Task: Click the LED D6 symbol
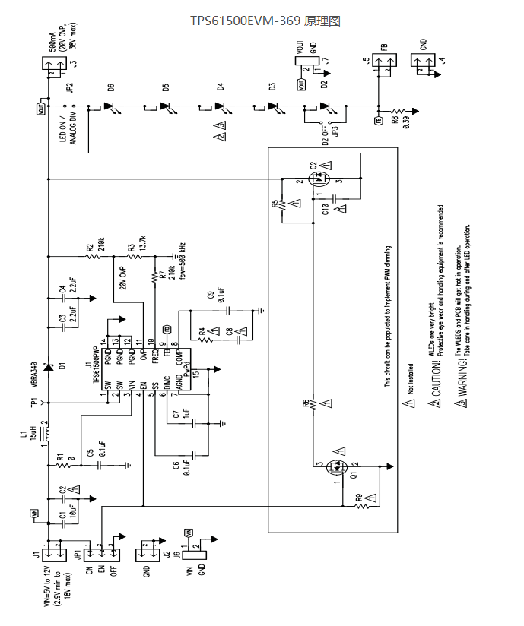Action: click(110, 107)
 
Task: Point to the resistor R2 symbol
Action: click(93, 257)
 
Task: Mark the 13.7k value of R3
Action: click(142, 242)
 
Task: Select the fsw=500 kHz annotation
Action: click(182, 261)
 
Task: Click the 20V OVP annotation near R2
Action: click(122, 282)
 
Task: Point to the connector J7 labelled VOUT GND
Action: click(307, 70)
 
